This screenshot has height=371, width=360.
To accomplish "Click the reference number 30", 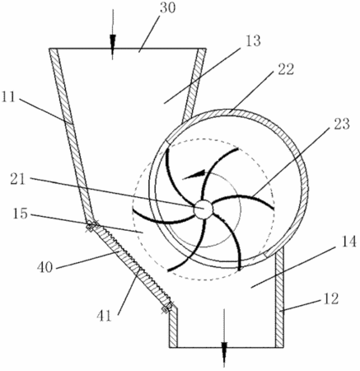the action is pyautogui.click(x=167, y=8).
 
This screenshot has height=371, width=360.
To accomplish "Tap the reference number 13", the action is pyautogui.click(x=253, y=41).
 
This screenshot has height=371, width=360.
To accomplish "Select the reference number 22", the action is pyautogui.click(x=286, y=69).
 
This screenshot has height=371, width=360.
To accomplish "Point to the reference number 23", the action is pyautogui.click(x=342, y=124).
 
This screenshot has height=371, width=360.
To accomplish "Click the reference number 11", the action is pyautogui.click(x=8, y=96).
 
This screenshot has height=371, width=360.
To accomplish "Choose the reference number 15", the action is pyautogui.click(x=20, y=214).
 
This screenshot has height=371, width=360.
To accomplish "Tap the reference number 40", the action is pyautogui.click(x=44, y=266).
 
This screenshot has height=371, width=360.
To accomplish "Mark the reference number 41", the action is pyautogui.click(x=105, y=316).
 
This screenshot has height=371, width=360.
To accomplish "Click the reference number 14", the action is pyautogui.click(x=348, y=242).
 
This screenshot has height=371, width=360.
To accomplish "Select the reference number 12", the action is pyautogui.click(x=331, y=298).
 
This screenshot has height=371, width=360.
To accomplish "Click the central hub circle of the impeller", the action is pyautogui.click(x=203, y=209).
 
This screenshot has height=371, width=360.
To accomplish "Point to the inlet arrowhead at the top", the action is pyautogui.click(x=113, y=42).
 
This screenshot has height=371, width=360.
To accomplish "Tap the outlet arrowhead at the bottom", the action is pyautogui.click(x=224, y=350).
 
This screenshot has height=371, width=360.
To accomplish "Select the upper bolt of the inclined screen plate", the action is pyautogui.click(x=92, y=226).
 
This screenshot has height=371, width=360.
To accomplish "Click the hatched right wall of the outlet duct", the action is pyautogui.click(x=279, y=297).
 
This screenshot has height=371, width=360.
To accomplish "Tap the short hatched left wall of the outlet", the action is pyautogui.click(x=173, y=327).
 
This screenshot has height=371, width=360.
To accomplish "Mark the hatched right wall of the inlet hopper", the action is pyautogui.click(x=195, y=85).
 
